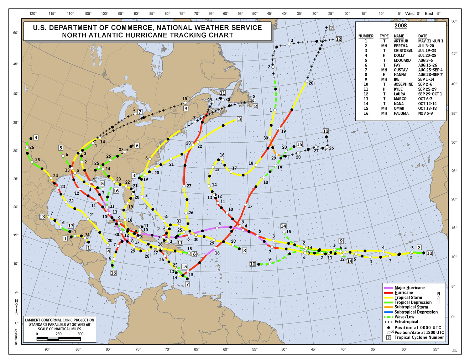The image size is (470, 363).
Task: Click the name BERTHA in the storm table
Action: pos(401,46)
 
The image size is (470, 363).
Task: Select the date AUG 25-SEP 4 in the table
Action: pos(430,70)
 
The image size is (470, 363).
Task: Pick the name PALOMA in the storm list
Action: pos(401,114)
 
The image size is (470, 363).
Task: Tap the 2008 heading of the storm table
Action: pos(400,26)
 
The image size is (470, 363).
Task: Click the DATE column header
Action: pos(423,36)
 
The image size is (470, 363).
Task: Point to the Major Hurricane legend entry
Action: pos(409,288)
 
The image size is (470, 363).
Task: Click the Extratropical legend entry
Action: pos(406,322)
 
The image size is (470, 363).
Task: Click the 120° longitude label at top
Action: pos(33,14)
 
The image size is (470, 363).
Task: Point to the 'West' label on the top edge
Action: pos(410,14)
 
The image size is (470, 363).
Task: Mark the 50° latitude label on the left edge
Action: pos(16,33)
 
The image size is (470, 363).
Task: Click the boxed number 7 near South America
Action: pos(187,284)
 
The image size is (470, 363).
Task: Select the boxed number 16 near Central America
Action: pos(113,273)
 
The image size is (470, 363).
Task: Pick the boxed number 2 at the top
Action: pos(331,28)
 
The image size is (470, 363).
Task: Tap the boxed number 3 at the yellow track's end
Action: pos(239,120)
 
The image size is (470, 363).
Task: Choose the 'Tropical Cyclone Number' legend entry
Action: pos(419,337)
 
